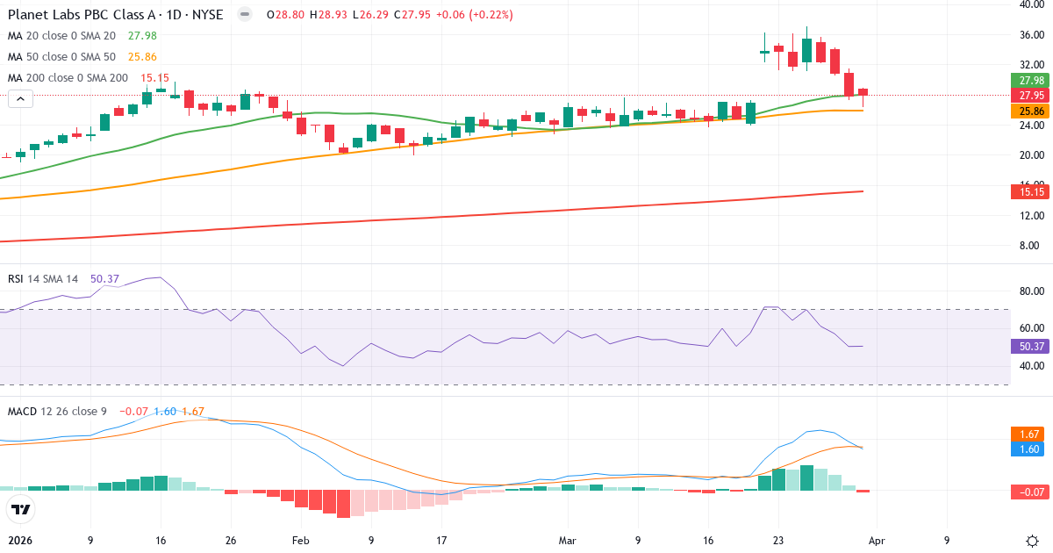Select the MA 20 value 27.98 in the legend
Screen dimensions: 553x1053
coord(142,36)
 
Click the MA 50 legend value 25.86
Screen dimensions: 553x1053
coord(142,57)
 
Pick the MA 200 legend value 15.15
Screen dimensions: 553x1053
coord(154,78)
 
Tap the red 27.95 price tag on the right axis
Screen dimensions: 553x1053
coord(1030,95)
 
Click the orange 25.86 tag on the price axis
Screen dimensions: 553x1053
coord(1030,111)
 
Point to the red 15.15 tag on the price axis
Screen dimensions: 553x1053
coord(1030,191)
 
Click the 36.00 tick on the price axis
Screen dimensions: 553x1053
coord(1030,35)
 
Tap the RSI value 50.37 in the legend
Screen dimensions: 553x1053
coord(104,279)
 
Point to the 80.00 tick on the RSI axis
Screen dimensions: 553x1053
coord(1030,291)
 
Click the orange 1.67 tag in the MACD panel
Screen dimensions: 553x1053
coord(1030,434)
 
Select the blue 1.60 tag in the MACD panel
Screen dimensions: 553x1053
coord(1030,449)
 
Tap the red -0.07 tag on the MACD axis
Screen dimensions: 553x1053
coord(1030,492)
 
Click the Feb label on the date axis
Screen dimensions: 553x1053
coord(301,540)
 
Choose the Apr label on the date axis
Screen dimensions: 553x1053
coord(877,540)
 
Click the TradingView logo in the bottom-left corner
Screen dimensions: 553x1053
coord(21,509)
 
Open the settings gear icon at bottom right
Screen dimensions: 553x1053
coord(1032,540)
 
